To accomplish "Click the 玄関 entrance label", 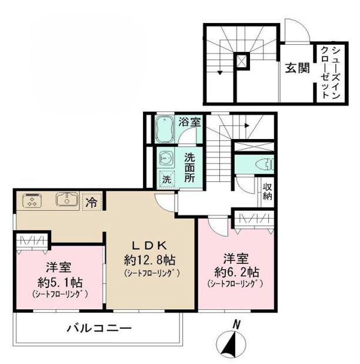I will (298, 68).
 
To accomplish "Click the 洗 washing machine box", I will (168, 177).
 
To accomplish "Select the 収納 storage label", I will (267, 191).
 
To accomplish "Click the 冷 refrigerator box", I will (92, 202).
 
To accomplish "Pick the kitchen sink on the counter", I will (68, 201).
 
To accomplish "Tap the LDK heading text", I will (150, 246).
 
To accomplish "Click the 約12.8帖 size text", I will (151, 259).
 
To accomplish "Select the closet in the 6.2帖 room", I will (254, 220).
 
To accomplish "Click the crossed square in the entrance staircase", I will (241, 61).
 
